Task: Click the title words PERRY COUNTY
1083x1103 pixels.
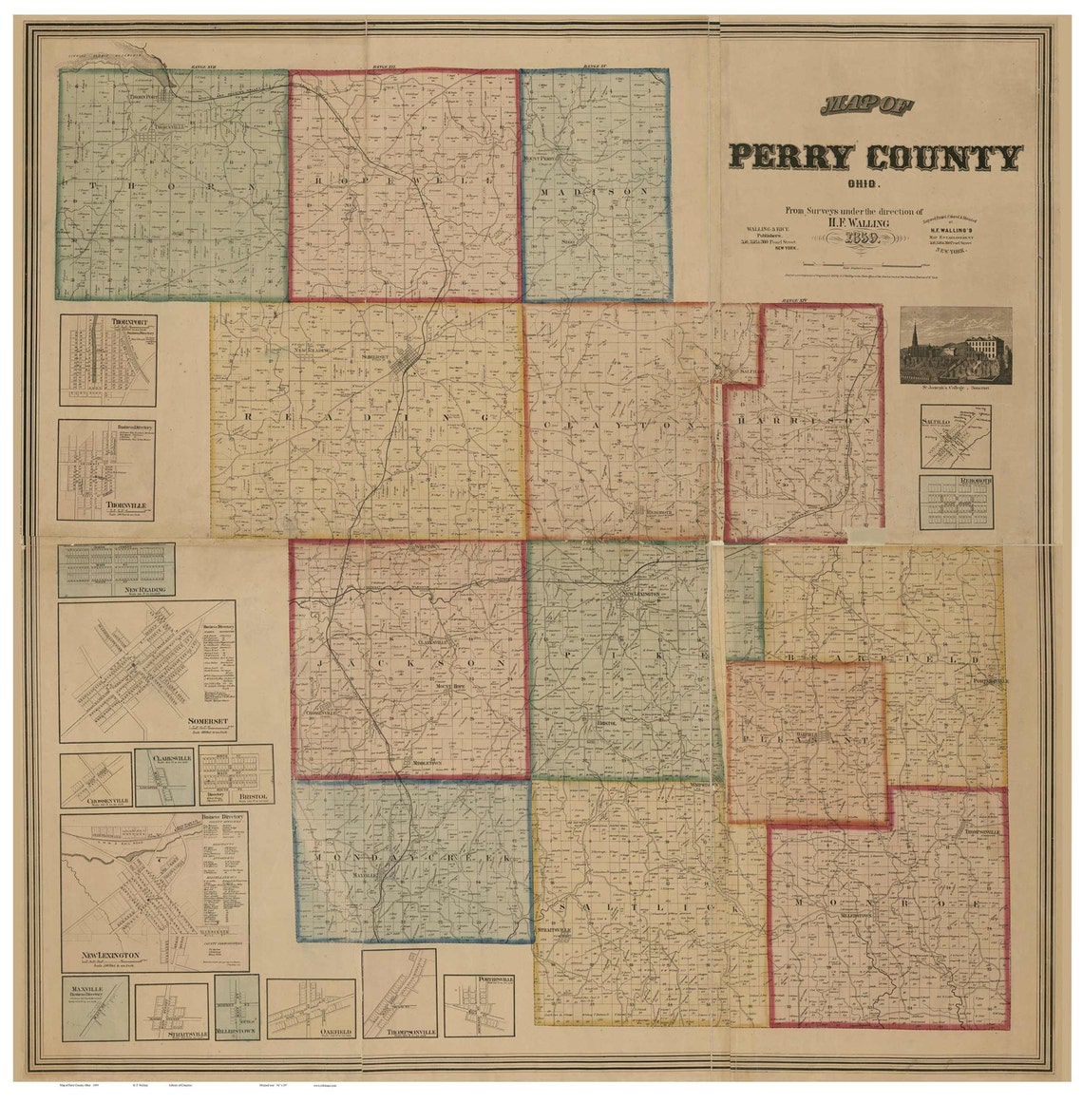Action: coord(874,156)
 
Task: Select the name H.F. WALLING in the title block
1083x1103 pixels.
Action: coord(859,220)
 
